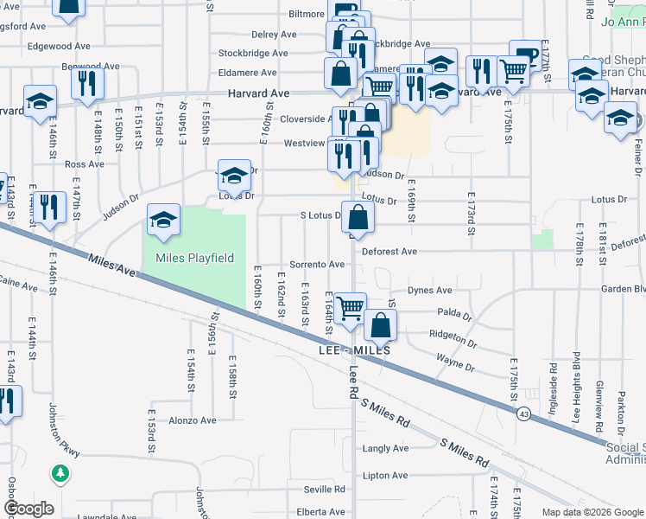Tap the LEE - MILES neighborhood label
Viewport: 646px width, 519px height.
(x=354, y=351)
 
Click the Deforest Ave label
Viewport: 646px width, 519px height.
(x=389, y=252)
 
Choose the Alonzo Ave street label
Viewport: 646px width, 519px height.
(x=192, y=420)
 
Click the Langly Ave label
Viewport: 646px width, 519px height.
(x=385, y=448)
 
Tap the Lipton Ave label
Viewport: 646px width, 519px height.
(x=385, y=475)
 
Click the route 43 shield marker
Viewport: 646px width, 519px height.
(x=524, y=414)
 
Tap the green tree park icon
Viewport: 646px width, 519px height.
(x=60, y=472)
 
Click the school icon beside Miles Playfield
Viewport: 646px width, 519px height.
(x=162, y=221)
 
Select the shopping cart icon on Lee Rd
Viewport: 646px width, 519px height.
(x=350, y=308)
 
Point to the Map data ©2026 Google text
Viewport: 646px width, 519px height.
(x=592, y=512)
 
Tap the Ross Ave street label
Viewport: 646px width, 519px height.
(x=84, y=163)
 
